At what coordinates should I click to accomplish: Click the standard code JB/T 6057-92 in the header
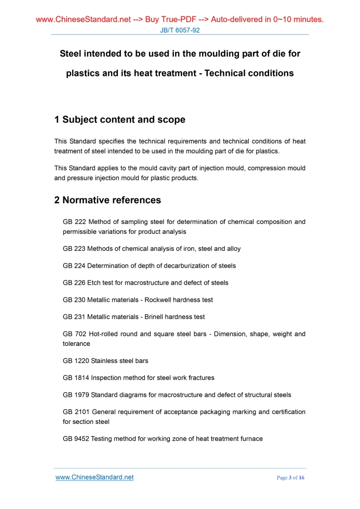click(180, 31)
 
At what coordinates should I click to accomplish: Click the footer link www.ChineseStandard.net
click(95, 477)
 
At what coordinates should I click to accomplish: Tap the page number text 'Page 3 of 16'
click(291, 478)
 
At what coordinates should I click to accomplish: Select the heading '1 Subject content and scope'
click(119, 119)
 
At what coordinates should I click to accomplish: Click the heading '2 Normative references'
click(108, 200)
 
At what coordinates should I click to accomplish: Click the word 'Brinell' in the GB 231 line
click(157, 317)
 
